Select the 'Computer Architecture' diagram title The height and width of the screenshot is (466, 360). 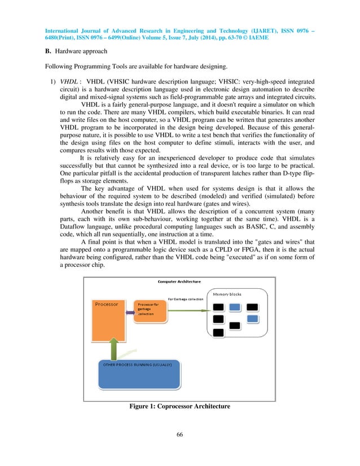pyautogui.click(x=179, y=282)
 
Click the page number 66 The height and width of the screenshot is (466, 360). pyautogui.click(x=179, y=434)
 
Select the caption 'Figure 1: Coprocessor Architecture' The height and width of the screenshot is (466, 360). pyautogui.click(x=179, y=406)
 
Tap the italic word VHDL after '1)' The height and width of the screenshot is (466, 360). pyautogui.click(x=69, y=81)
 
